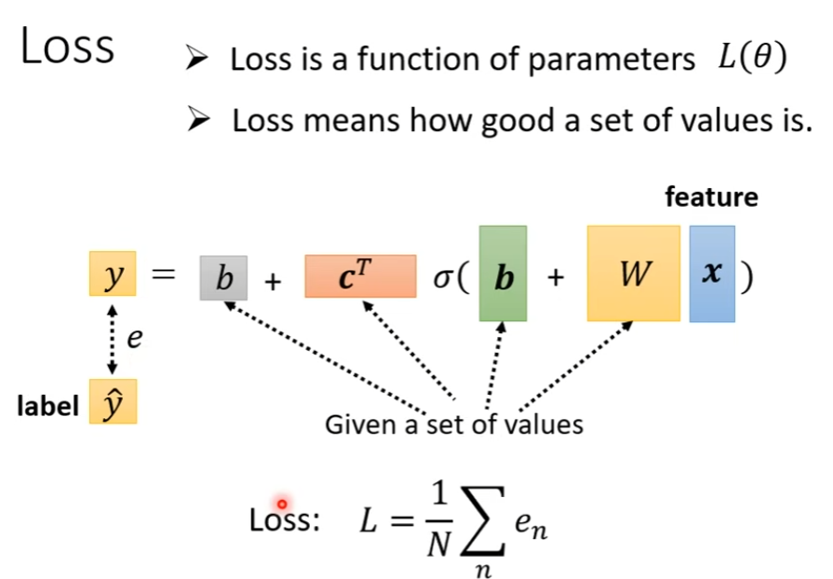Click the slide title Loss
coord(67,47)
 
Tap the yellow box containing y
coord(114,276)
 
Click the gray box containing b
coord(223,277)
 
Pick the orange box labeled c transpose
coord(360,276)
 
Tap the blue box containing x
coord(712,274)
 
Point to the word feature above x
coord(711,197)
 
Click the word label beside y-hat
coord(47,407)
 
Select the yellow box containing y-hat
coord(114,403)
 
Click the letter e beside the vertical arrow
coord(136,338)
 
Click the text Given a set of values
coord(453,425)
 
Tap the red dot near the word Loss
coord(282,504)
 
